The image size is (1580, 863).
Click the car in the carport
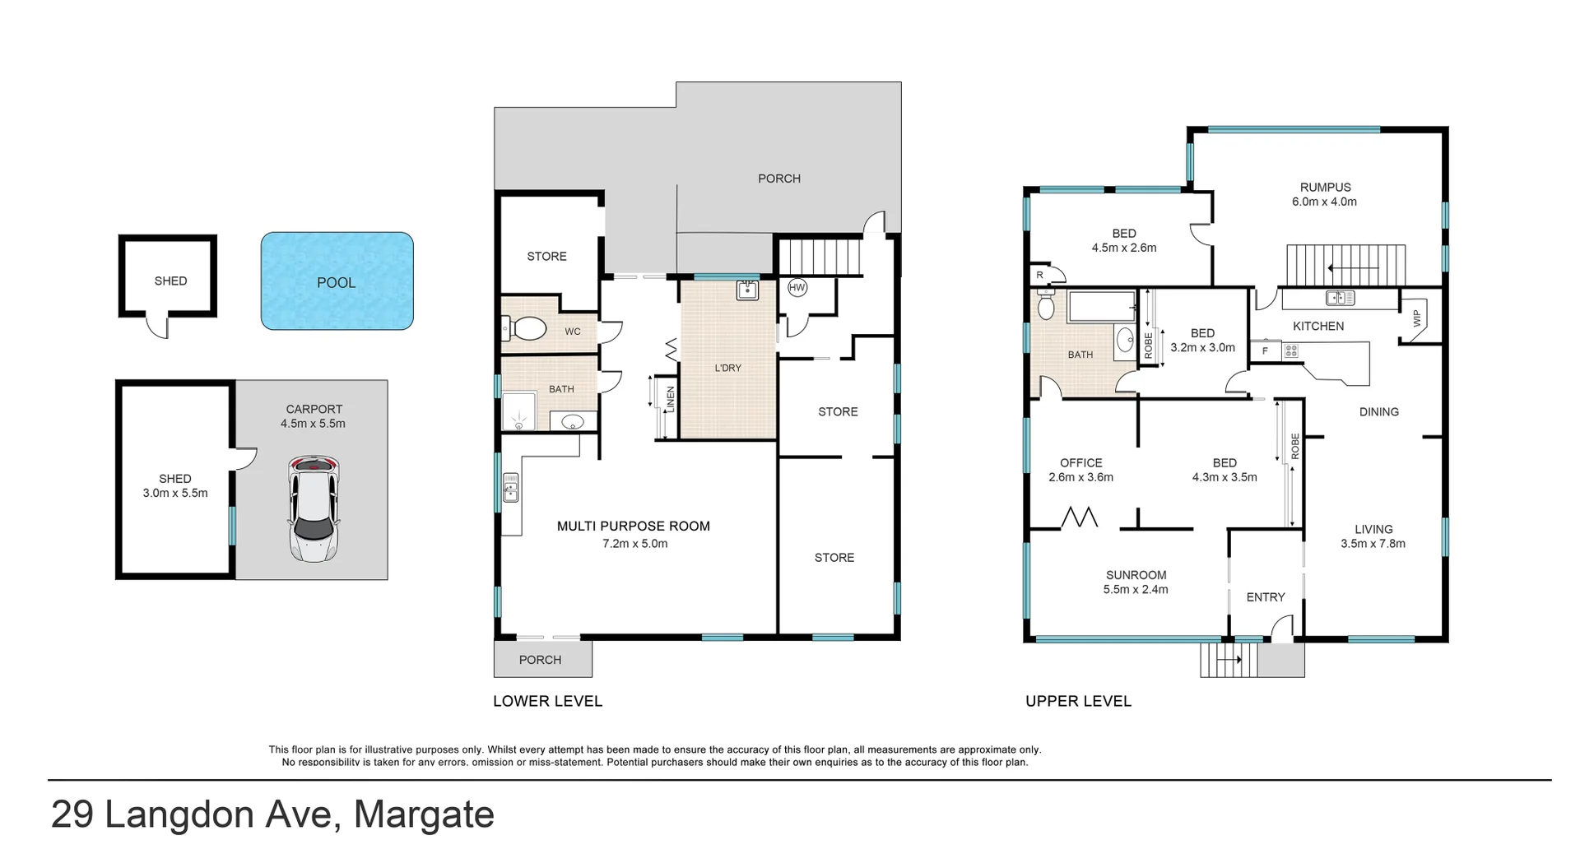click(x=314, y=509)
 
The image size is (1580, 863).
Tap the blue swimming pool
click(x=337, y=281)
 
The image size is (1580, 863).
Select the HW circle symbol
click(x=797, y=288)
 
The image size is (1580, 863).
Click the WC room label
click(x=573, y=332)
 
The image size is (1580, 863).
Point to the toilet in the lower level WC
click(x=526, y=330)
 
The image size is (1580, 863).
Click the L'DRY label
click(x=727, y=368)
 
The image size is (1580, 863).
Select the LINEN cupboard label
click(x=671, y=400)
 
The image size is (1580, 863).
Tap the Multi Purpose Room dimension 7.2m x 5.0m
click(x=634, y=544)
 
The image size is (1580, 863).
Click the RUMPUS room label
click(x=1325, y=187)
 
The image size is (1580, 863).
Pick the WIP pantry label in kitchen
click(x=1416, y=319)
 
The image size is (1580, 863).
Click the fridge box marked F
click(x=1265, y=351)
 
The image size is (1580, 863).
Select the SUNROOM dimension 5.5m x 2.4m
click(x=1136, y=589)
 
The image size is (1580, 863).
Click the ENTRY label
click(x=1265, y=597)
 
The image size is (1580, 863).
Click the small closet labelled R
click(x=1040, y=275)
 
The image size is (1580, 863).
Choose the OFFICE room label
click(x=1080, y=462)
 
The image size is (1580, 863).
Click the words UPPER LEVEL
click(x=1078, y=701)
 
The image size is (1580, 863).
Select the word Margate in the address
click(x=424, y=814)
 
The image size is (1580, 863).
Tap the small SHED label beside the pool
click(x=170, y=281)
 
